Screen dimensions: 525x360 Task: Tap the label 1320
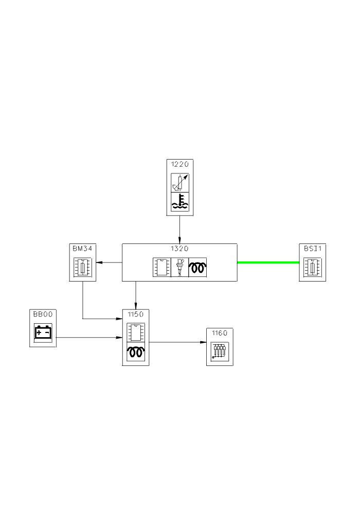tap(179, 248)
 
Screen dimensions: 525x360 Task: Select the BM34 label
tap(83, 248)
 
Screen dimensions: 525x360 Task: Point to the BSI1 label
tap(313, 248)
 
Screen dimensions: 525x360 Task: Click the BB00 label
tap(43, 314)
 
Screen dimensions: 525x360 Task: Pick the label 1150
tap(135, 314)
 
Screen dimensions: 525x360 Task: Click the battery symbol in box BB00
tap(43, 332)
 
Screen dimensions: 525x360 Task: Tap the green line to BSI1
tap(267, 262)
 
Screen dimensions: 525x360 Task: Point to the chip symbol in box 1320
tap(161, 268)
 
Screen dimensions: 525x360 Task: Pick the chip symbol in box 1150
tap(135, 332)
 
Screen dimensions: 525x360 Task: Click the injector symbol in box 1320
tap(179, 268)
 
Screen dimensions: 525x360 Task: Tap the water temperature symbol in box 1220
tap(179, 202)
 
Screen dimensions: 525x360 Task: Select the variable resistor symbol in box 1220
tap(179, 183)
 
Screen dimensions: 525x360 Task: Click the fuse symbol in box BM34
tap(83, 268)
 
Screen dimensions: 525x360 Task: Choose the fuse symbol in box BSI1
tap(313, 268)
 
